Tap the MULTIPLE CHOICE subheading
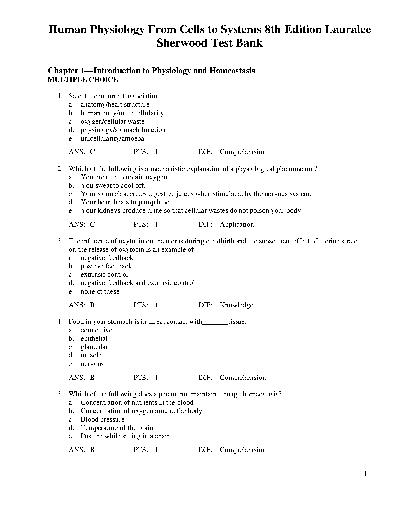tap(83, 80)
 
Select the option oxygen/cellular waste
tap(112, 122)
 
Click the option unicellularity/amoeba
tap(112, 139)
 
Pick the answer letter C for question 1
tap(92, 152)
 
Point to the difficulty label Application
tap(237, 225)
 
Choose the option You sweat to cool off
tap(113, 186)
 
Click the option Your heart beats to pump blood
tap(127, 202)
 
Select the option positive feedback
tap(106, 266)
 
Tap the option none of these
tap(100, 292)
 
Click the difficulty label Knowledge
tap(236, 305)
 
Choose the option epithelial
tap(94, 339)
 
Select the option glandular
tap(94, 347)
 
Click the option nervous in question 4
tap(92, 364)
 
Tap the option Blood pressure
tap(102, 419)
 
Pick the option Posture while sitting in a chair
tap(125, 436)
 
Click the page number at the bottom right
tap(366, 474)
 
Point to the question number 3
tap(60, 241)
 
